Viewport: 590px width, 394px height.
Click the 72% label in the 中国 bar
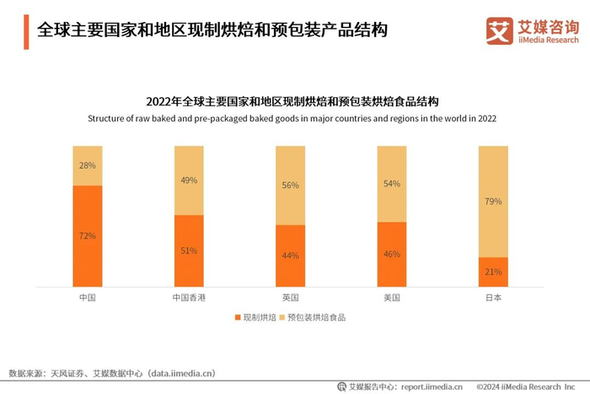tap(88, 236)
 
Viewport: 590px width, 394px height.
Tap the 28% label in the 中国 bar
tap(88, 166)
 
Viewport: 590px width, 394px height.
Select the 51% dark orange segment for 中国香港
tap(189, 251)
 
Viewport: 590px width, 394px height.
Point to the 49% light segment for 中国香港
tap(189, 181)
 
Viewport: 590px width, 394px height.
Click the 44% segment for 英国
tap(291, 256)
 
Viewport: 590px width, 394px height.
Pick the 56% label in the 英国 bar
tap(291, 186)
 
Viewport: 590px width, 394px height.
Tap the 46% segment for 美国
tap(392, 254)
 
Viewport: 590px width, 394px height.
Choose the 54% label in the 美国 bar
tap(392, 184)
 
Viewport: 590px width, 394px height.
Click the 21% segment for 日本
tap(494, 272)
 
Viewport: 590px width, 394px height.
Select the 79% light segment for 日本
tap(494, 202)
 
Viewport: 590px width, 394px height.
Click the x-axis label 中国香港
tap(189, 298)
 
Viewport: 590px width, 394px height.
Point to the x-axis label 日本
tap(494, 298)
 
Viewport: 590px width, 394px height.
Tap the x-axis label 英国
tap(291, 298)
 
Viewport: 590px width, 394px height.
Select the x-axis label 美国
tap(392, 298)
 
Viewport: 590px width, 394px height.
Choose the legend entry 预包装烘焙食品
tap(316, 317)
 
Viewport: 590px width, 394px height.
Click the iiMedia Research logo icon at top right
tap(499, 31)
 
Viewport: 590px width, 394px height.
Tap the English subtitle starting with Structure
tap(292, 119)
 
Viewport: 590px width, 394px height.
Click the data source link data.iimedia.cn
tap(182, 372)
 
